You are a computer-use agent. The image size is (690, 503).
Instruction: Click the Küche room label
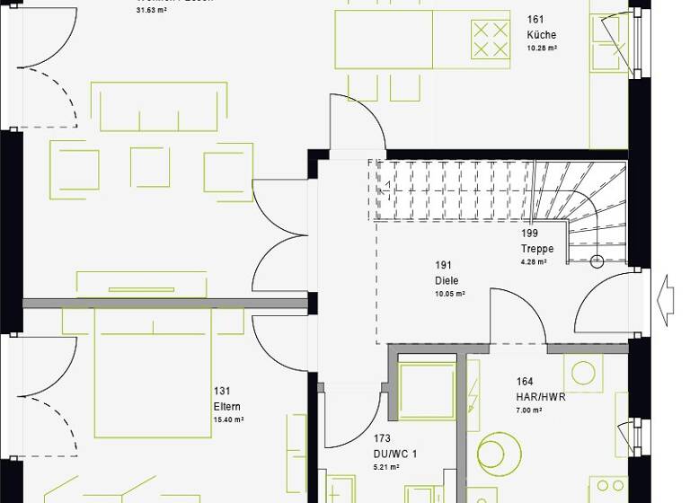tap(542, 35)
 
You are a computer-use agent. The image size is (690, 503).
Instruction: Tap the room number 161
tap(535, 19)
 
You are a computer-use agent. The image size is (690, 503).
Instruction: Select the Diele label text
tap(447, 281)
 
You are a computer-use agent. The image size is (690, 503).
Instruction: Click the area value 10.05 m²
tap(449, 294)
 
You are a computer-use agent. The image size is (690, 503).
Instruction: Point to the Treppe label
tap(537, 249)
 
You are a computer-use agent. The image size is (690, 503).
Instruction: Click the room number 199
tap(529, 234)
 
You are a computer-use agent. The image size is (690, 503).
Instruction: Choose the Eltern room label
tap(227, 406)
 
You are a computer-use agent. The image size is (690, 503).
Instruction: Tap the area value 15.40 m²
tap(229, 419)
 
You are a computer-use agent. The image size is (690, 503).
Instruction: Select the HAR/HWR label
tap(541, 396)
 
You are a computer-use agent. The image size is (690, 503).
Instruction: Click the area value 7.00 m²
tap(528, 410)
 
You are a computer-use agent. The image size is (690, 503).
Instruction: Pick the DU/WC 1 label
tap(396, 454)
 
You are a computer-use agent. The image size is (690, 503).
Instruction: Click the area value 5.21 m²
tap(386, 467)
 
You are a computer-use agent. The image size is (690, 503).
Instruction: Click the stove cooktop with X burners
tap(491, 40)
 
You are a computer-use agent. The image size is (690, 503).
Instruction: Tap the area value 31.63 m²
tap(151, 11)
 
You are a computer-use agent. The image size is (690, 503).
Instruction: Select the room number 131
tap(222, 391)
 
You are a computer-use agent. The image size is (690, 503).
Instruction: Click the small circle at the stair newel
tap(597, 262)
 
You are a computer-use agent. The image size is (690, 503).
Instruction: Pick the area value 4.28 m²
tap(534, 262)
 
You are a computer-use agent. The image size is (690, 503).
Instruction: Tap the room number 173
tap(383, 438)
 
